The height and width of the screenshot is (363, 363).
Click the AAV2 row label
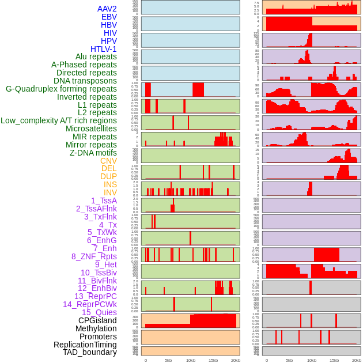tap(107, 9)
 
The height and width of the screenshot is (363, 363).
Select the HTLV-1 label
tap(104, 49)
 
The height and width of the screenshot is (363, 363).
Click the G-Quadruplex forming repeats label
tap(61, 89)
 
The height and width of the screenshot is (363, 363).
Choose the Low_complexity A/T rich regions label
tap(59, 120)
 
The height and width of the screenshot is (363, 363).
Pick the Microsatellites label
tap(91, 128)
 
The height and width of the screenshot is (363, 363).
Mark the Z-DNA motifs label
tap(93, 153)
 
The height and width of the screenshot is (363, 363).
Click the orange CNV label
tap(108, 161)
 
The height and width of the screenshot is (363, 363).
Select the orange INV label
tap(110, 192)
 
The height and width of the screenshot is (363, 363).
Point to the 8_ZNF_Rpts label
tap(94, 256)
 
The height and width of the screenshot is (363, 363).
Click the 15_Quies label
tap(99, 312)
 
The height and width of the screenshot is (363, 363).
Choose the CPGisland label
tap(97, 320)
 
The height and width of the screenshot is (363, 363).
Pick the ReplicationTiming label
tap(86, 345)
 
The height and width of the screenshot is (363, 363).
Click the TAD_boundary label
tap(90, 352)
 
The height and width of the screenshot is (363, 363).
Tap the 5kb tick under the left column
tap(168, 360)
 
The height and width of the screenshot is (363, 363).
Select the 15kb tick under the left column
tap(213, 360)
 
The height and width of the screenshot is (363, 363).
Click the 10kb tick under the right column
tap(311, 360)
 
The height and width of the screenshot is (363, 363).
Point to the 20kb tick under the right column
tap(356, 360)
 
